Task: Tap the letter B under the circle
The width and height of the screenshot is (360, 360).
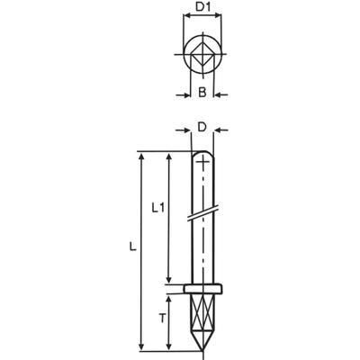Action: pyautogui.click(x=203, y=92)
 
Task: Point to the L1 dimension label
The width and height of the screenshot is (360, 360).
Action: pyautogui.click(x=157, y=208)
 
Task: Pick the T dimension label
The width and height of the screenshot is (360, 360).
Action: pyautogui.click(x=161, y=318)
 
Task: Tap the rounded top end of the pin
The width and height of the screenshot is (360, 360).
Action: pyautogui.click(x=204, y=157)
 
